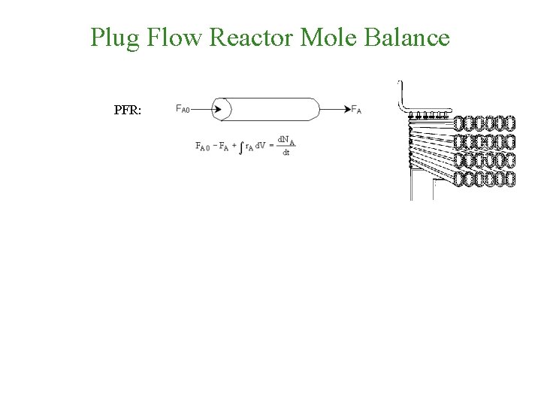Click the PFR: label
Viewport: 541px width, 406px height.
[133, 110]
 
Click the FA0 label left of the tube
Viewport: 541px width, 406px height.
[183, 109]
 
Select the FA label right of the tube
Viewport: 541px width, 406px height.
[356, 110]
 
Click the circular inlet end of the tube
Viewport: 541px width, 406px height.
[222, 109]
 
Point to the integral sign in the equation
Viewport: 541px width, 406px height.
[240, 147]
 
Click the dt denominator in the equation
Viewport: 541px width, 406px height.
[286, 153]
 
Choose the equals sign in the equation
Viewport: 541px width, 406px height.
[271, 146]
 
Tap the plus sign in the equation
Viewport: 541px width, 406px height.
[233, 146]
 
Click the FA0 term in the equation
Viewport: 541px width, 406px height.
[201, 147]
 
